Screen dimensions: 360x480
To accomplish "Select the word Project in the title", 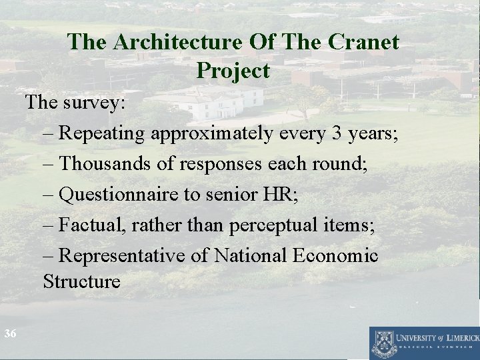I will pos(233,70).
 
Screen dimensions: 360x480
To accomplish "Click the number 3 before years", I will pos(337,133).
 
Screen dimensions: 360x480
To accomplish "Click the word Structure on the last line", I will pos(81,281).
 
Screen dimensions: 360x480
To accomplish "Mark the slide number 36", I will pos(10,333).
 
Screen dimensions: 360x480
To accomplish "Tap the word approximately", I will pos(211,133).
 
